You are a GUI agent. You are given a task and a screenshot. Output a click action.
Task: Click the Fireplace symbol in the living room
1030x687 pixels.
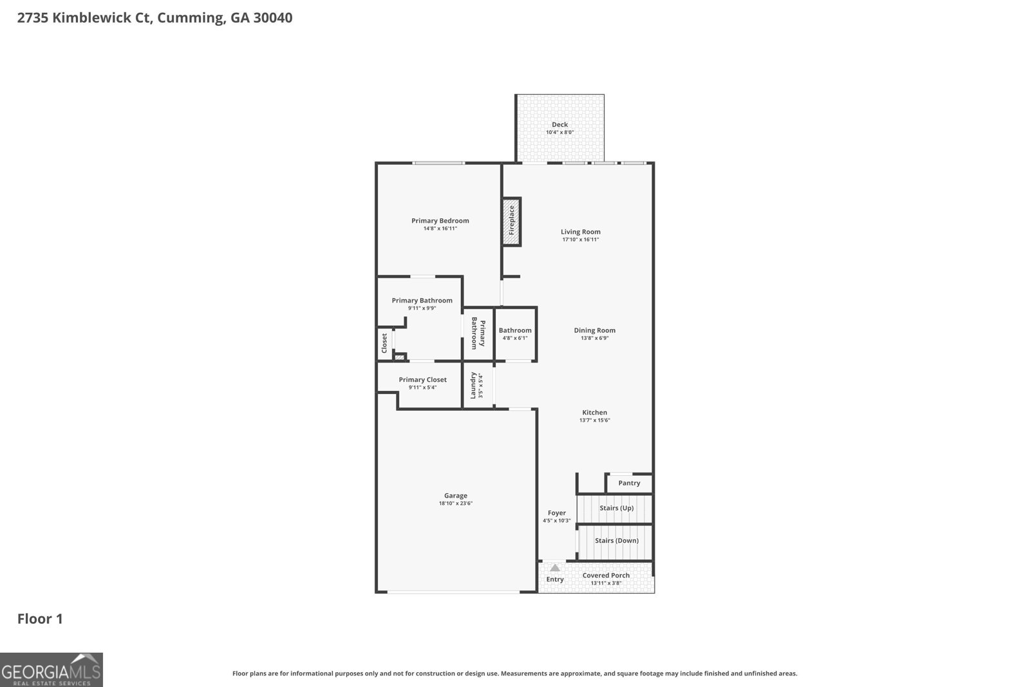tap(511, 221)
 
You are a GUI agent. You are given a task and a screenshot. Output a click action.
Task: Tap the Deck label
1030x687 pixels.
tap(559, 124)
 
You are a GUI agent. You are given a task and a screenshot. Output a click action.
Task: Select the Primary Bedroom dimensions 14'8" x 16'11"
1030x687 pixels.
tap(440, 229)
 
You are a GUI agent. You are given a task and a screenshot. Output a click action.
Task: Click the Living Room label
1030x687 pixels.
tap(580, 232)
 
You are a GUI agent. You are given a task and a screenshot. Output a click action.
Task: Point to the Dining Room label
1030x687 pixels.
tap(594, 330)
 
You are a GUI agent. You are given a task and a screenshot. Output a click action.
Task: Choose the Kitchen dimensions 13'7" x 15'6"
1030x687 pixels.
tap(594, 420)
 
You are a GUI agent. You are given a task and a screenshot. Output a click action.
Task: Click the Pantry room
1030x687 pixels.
tap(629, 483)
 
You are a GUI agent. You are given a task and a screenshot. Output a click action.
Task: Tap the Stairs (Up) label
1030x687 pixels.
tap(616, 508)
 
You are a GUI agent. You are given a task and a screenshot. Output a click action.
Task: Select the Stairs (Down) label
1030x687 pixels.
tap(616, 540)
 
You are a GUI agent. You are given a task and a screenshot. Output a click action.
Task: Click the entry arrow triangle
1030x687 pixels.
tap(555, 568)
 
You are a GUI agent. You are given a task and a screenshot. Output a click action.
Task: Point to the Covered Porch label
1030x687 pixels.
tap(606, 576)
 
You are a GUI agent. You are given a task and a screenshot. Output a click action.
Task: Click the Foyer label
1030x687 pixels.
tap(556, 513)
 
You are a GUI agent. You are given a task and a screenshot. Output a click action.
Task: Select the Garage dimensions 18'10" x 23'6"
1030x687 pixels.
tap(455, 503)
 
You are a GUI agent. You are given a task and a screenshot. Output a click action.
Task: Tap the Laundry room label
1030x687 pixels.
tap(473, 385)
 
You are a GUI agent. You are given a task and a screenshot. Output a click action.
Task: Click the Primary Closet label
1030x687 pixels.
tap(422, 380)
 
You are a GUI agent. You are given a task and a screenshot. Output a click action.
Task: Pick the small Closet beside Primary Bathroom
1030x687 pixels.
tap(384, 343)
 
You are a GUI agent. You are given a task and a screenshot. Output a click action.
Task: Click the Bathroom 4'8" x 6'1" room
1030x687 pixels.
tap(515, 334)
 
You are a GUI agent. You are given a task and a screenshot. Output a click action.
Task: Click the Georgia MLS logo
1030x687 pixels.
tap(51, 670)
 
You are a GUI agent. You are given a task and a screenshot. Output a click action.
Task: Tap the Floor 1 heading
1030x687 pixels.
tap(40, 619)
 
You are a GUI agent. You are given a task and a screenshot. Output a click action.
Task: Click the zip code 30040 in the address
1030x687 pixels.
tap(273, 17)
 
